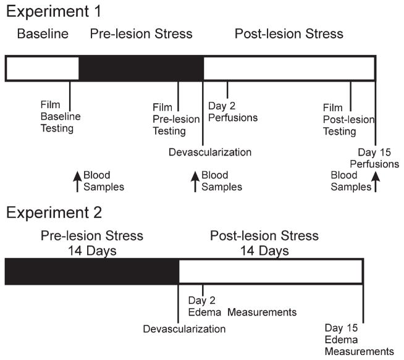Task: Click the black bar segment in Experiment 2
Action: pos(91,272)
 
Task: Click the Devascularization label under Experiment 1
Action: pos(211,151)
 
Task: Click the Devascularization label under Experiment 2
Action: pos(184,329)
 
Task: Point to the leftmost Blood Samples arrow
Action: pos(77,182)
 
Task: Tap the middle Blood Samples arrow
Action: pos(196,182)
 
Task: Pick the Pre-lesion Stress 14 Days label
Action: pos(91,243)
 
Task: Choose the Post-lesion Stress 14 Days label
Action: pos(264,243)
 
